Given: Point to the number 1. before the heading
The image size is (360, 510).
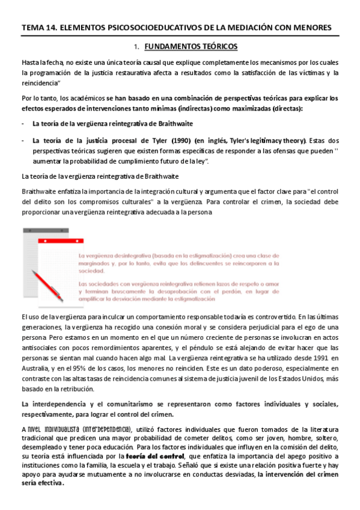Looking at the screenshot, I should (x=137, y=46).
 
